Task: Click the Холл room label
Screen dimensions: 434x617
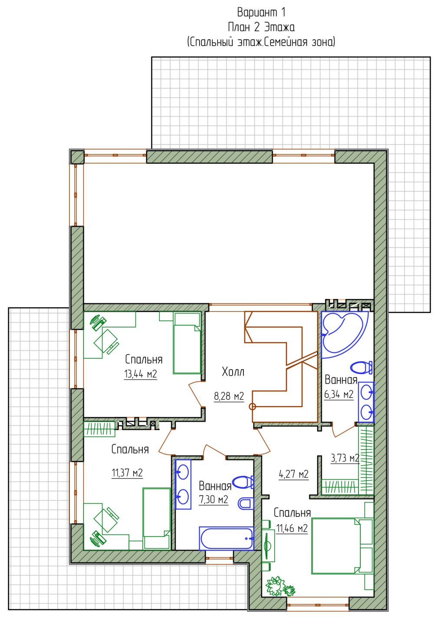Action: tap(233, 372)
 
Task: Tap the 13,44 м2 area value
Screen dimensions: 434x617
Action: tap(141, 374)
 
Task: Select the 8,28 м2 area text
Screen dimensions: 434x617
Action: tap(229, 396)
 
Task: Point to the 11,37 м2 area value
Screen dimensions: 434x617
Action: tap(127, 473)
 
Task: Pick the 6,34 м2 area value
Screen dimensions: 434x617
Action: tap(339, 394)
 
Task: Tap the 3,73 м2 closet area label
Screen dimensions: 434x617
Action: tap(345, 458)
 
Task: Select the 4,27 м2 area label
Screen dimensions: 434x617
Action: tap(293, 474)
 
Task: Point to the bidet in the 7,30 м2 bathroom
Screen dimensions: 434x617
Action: tap(246, 504)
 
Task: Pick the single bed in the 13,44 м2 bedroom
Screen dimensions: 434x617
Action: tap(187, 343)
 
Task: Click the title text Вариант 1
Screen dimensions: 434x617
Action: tap(261, 13)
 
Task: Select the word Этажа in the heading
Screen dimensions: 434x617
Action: tap(279, 27)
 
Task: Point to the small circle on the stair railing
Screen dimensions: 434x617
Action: tap(252, 407)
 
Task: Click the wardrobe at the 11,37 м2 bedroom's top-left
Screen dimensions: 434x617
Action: tap(99, 429)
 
